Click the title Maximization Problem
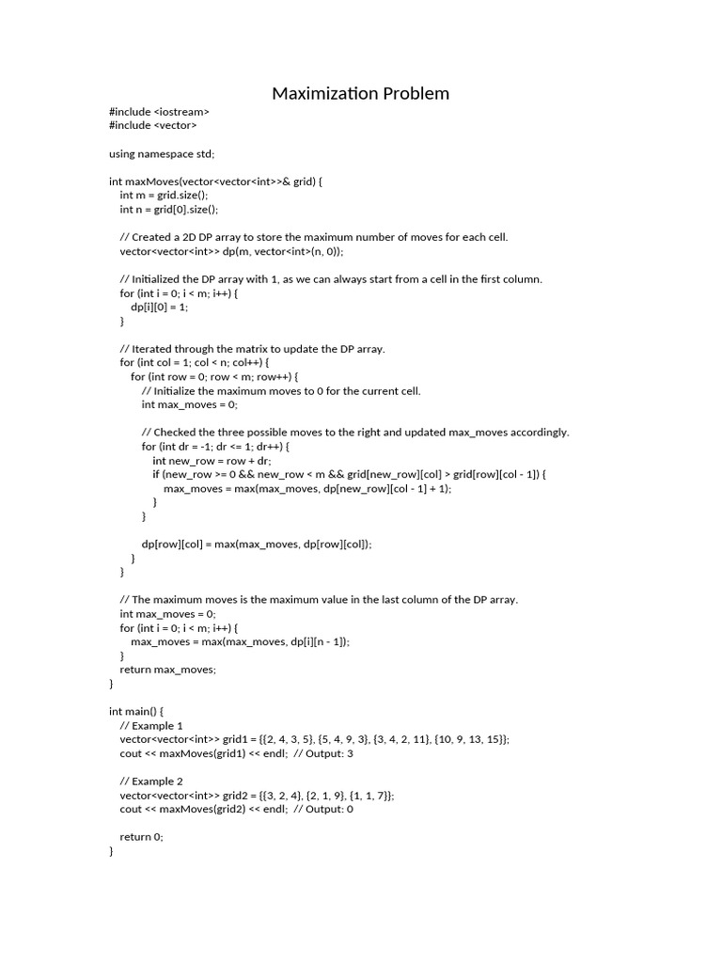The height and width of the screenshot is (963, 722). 360,93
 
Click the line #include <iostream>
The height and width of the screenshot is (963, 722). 159,112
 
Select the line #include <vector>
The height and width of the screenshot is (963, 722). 153,125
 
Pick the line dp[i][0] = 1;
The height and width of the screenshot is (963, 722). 159,307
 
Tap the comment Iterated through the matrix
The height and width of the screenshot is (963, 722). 252,349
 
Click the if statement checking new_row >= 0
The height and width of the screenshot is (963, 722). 349,474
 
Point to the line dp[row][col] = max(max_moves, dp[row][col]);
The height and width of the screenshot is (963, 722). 257,544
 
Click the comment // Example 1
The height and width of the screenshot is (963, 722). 151,725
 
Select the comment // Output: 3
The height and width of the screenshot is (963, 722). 323,753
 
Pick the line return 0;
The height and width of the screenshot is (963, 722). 141,837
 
